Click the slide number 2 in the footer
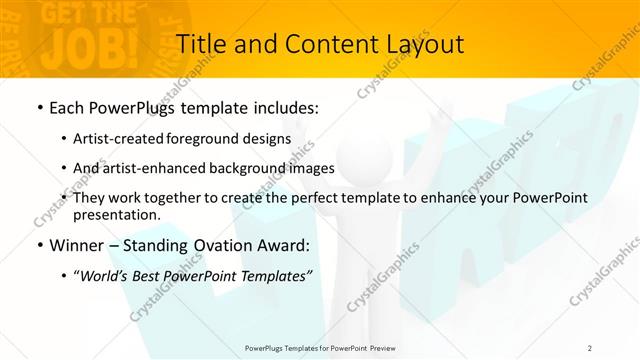[x=590, y=347]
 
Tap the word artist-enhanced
[x=150, y=168]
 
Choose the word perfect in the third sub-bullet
[x=314, y=198]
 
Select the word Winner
[x=78, y=245]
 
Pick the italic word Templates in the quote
[x=276, y=276]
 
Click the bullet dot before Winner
[x=39, y=246]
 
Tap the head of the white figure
[x=375, y=150]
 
